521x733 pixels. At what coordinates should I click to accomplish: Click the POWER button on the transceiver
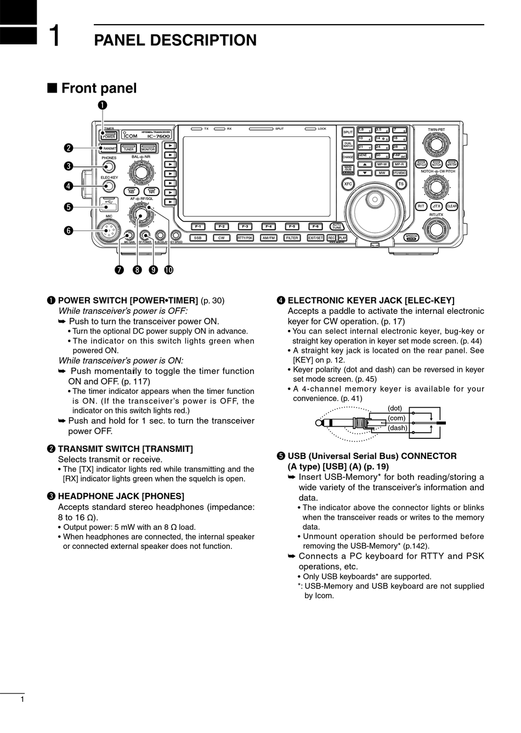[x=109, y=135]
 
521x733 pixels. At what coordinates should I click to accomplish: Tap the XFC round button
[x=347, y=184]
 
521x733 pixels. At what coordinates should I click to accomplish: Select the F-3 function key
[x=245, y=226]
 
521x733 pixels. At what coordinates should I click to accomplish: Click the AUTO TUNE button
[x=337, y=226]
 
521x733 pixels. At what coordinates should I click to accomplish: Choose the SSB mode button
[x=198, y=238]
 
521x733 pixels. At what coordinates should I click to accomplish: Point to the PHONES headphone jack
[x=109, y=168]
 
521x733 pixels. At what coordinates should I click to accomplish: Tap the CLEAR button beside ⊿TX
[x=451, y=206]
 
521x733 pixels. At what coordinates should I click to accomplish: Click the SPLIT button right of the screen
[x=348, y=132]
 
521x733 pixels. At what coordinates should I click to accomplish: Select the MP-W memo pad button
[x=382, y=164]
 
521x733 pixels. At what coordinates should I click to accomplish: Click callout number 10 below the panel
[x=168, y=270]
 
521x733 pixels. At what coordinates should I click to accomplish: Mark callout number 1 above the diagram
[x=103, y=105]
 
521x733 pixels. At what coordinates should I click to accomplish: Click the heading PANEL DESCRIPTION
[x=175, y=41]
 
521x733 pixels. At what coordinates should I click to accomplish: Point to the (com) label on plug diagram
[x=396, y=418]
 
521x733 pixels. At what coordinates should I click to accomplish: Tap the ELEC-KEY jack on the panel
[x=109, y=186]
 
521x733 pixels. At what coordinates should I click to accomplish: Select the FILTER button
[x=292, y=238]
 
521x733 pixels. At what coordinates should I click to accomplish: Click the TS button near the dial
[x=401, y=184]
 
